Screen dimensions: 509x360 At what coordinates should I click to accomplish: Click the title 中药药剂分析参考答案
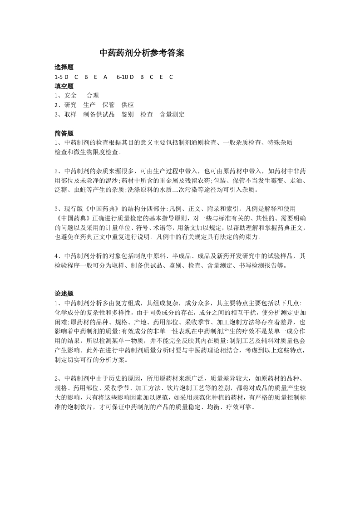pos(142,53)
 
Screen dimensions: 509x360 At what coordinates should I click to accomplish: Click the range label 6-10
pos(123,77)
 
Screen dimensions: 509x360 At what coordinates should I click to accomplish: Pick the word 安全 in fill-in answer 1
pos(70,96)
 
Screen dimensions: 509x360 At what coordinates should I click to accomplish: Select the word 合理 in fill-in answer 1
pos(93,96)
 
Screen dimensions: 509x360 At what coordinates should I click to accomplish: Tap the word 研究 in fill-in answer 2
pos(70,105)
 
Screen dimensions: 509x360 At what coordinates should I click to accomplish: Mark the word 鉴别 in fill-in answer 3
pos(128,115)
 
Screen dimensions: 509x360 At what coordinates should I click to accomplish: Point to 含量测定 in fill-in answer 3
pos(172,115)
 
